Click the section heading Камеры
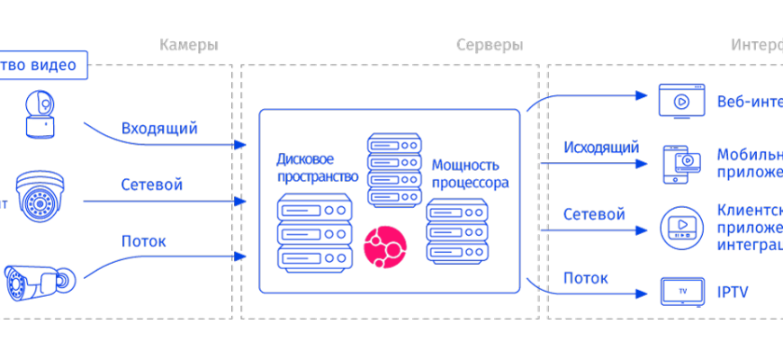[189, 45]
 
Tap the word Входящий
[159, 128]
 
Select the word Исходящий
[601, 147]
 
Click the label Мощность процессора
[470, 174]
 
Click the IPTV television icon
[682, 292]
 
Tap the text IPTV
[733, 292]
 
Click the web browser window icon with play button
[680, 101]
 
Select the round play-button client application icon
[681, 228]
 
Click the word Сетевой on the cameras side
[152, 185]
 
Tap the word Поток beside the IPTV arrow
[586, 278]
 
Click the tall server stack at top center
[394, 171]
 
